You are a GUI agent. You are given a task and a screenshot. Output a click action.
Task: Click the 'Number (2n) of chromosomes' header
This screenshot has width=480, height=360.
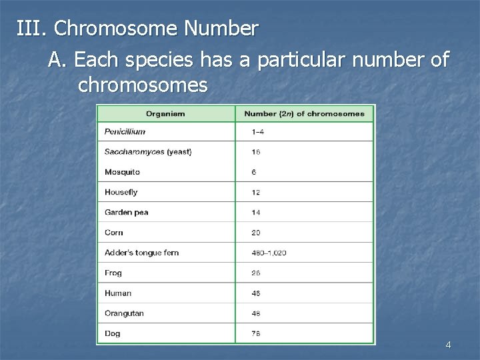coord(304,113)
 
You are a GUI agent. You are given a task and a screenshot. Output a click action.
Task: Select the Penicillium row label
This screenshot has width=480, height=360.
coord(125,132)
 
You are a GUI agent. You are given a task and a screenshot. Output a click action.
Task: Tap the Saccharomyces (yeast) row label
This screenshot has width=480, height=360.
coord(148,152)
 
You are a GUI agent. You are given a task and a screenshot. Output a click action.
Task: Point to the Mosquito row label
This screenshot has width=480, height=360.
coord(122,172)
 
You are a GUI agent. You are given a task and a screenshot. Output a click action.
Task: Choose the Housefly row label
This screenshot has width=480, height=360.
coord(121,192)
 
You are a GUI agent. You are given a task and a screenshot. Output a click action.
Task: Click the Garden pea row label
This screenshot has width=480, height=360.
coord(126,213)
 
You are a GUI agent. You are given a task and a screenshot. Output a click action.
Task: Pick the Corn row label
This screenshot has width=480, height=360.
coord(114,233)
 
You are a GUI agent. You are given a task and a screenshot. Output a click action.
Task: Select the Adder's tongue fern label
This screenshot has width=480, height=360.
coord(141,253)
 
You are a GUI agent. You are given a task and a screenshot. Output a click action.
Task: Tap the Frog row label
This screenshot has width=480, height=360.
coord(113,273)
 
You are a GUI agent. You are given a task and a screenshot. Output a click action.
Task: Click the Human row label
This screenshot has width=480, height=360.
coord(118,293)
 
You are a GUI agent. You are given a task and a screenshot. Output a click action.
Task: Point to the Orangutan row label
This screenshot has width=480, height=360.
coord(124,313)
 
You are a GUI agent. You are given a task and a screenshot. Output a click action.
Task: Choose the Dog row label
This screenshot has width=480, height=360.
coord(112,333)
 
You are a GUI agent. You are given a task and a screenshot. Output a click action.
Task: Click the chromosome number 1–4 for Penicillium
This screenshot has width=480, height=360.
coord(257,132)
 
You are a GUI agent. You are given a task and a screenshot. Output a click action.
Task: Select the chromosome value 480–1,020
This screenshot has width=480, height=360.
coord(269,253)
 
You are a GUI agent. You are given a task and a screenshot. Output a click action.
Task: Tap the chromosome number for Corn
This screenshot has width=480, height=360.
coord(256,233)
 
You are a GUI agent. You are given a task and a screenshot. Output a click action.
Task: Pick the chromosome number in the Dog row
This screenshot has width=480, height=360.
coord(256,333)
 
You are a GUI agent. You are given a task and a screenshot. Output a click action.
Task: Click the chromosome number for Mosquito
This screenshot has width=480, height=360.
coord(254,172)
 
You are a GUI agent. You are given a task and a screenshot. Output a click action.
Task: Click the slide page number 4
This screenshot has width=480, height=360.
coord(448,345)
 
